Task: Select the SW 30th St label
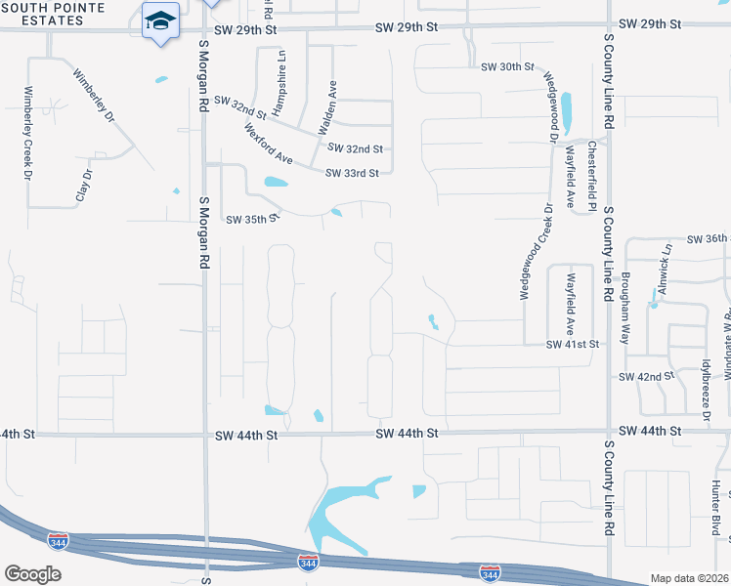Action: tap(508, 67)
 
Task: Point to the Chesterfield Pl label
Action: tap(592, 175)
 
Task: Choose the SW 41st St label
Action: tap(572, 344)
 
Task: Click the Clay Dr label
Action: tap(84, 186)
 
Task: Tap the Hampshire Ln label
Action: tap(281, 71)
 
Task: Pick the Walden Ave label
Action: tap(326, 107)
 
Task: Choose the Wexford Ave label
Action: tap(269, 144)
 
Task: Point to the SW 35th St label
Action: tap(252, 220)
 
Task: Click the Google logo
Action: tap(32, 573)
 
